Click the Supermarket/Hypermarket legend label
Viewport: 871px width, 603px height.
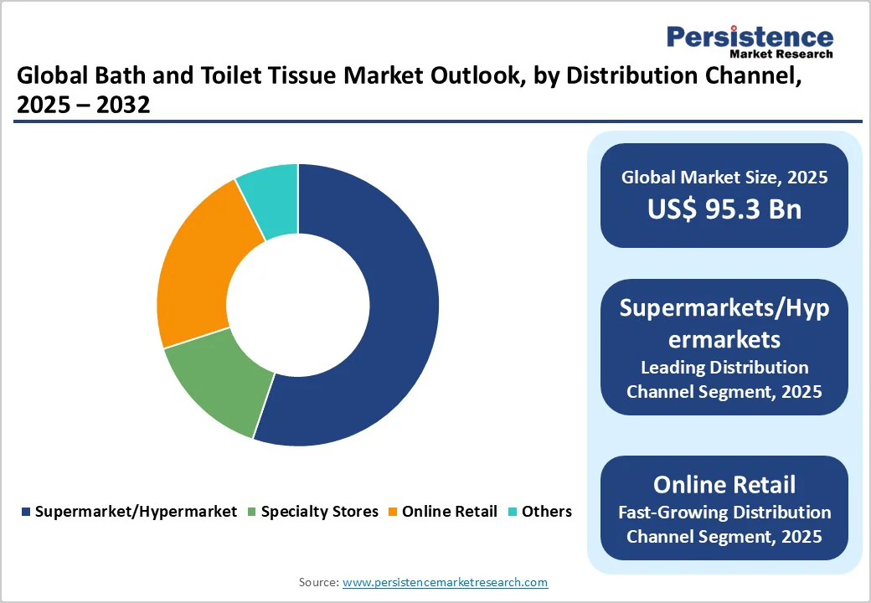pyautogui.click(x=136, y=512)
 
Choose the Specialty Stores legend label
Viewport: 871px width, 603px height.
pyautogui.click(x=320, y=512)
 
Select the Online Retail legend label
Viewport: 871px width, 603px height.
pyautogui.click(x=450, y=512)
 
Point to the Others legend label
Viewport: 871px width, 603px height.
pyautogui.click(x=547, y=512)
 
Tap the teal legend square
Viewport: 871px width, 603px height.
pyautogui.click(x=513, y=512)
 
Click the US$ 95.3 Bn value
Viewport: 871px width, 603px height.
pyautogui.click(x=724, y=209)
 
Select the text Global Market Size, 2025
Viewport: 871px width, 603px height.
pyautogui.click(x=724, y=178)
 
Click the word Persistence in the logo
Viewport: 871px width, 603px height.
pyautogui.click(x=750, y=37)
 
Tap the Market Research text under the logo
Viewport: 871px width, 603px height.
pyautogui.click(x=781, y=54)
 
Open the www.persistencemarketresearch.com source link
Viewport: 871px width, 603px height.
pyautogui.click(x=446, y=582)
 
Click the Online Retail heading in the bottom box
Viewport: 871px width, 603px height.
pyautogui.click(x=724, y=485)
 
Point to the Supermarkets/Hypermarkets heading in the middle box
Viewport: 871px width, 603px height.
pyautogui.click(x=724, y=323)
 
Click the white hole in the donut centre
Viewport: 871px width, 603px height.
pyautogui.click(x=298, y=305)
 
